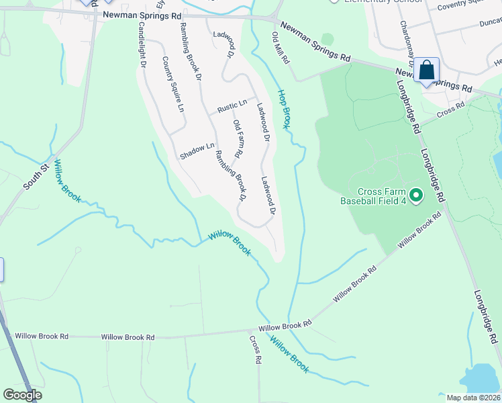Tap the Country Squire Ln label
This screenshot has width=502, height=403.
172,83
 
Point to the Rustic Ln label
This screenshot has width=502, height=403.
233,109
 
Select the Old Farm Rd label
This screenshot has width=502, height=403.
238,138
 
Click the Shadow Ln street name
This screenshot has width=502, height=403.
197,151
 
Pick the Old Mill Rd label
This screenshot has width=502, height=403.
281,48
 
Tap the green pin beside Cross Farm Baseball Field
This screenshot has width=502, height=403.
416,195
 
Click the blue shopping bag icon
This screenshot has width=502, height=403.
426,70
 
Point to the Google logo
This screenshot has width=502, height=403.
22,394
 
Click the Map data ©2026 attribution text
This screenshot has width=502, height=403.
473,398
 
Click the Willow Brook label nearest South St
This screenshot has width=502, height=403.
67,181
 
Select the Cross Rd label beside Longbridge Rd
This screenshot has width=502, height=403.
450,109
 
